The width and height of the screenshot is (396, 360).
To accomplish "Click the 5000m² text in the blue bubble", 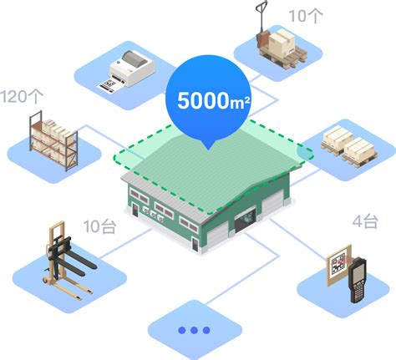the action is pyautogui.click(x=214, y=100).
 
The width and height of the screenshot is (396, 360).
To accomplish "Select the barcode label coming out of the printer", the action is pyautogui.click(x=107, y=86).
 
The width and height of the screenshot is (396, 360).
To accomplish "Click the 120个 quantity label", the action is pyautogui.click(x=22, y=96).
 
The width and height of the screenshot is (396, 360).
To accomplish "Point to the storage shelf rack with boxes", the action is pyautogui.click(x=53, y=140).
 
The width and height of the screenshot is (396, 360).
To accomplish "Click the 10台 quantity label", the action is pyautogui.click(x=99, y=226).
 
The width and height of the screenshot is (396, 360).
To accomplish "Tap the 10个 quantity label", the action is pyautogui.click(x=306, y=16).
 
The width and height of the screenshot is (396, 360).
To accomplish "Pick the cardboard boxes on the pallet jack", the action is pyautogui.click(x=282, y=43).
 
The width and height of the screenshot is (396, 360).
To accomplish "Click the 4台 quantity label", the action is pyautogui.click(x=365, y=221).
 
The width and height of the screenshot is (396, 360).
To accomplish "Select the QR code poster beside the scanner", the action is pyautogui.click(x=338, y=265).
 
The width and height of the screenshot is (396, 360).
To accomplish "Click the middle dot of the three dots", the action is pyautogui.click(x=194, y=331).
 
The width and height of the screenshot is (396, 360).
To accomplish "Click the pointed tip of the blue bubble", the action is pyautogui.click(x=209, y=150).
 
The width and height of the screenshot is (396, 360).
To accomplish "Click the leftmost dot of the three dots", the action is pyautogui.click(x=182, y=331).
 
